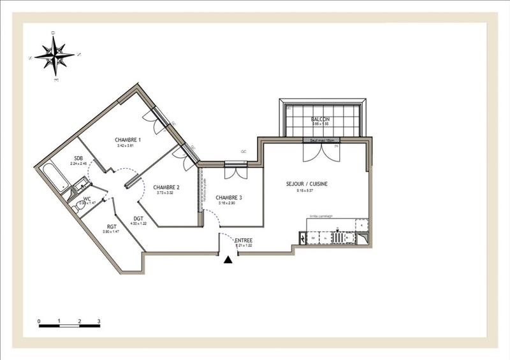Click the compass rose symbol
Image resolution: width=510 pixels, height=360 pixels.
click(x=55, y=54)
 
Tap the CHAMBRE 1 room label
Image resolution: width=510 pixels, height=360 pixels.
click(x=127, y=140)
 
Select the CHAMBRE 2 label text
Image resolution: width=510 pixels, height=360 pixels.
click(x=166, y=187)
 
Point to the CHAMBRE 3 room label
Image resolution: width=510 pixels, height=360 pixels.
click(x=228, y=198)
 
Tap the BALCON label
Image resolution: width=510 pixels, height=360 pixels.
click(x=320, y=119)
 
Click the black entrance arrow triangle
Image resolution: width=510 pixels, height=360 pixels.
click(x=228, y=259)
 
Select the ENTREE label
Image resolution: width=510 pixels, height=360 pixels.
click(x=244, y=240)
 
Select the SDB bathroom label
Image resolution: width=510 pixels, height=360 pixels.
click(x=78, y=158)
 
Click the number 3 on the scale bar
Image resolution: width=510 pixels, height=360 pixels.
click(x=99, y=320)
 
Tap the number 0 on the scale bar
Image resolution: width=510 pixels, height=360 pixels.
click(x=39, y=320)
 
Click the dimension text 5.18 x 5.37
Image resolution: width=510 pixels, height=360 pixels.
click(x=307, y=190)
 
